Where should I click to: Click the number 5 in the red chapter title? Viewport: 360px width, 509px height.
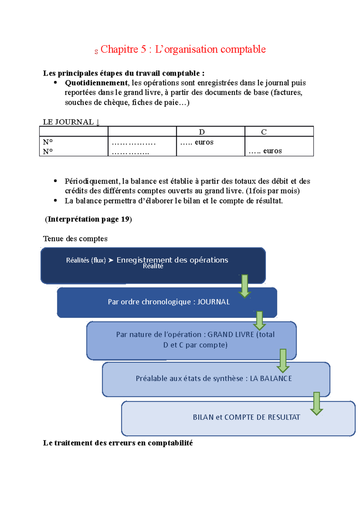click(x=143, y=49)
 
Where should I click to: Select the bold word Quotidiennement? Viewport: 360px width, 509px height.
click(x=96, y=83)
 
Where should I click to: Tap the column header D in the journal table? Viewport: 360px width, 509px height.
click(x=202, y=132)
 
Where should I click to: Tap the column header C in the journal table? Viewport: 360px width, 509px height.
click(x=264, y=132)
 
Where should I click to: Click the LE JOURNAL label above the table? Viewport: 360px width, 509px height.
click(x=68, y=122)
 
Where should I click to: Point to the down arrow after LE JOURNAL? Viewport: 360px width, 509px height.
click(x=97, y=122)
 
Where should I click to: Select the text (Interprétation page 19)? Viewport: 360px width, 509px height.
click(x=88, y=219)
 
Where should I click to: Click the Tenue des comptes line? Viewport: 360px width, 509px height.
click(x=75, y=239)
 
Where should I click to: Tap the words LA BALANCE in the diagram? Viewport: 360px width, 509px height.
click(x=271, y=379)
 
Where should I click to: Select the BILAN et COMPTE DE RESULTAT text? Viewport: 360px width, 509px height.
click(x=246, y=417)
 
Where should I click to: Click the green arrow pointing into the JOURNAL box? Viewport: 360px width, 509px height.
click(x=245, y=286)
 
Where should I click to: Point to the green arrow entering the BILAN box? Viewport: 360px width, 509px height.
click(x=316, y=403)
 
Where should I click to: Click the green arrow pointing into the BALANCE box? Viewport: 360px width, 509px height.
click(x=283, y=361)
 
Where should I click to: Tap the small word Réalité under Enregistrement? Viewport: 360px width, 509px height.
click(x=153, y=266)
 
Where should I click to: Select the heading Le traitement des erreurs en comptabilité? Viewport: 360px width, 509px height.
click(x=118, y=443)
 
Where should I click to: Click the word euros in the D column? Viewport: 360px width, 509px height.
click(x=204, y=142)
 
